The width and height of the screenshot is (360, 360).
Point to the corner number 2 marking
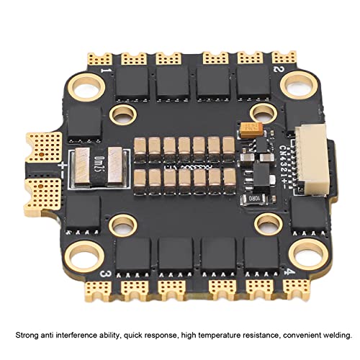click(276, 70)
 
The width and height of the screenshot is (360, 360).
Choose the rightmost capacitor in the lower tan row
click(229, 178)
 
